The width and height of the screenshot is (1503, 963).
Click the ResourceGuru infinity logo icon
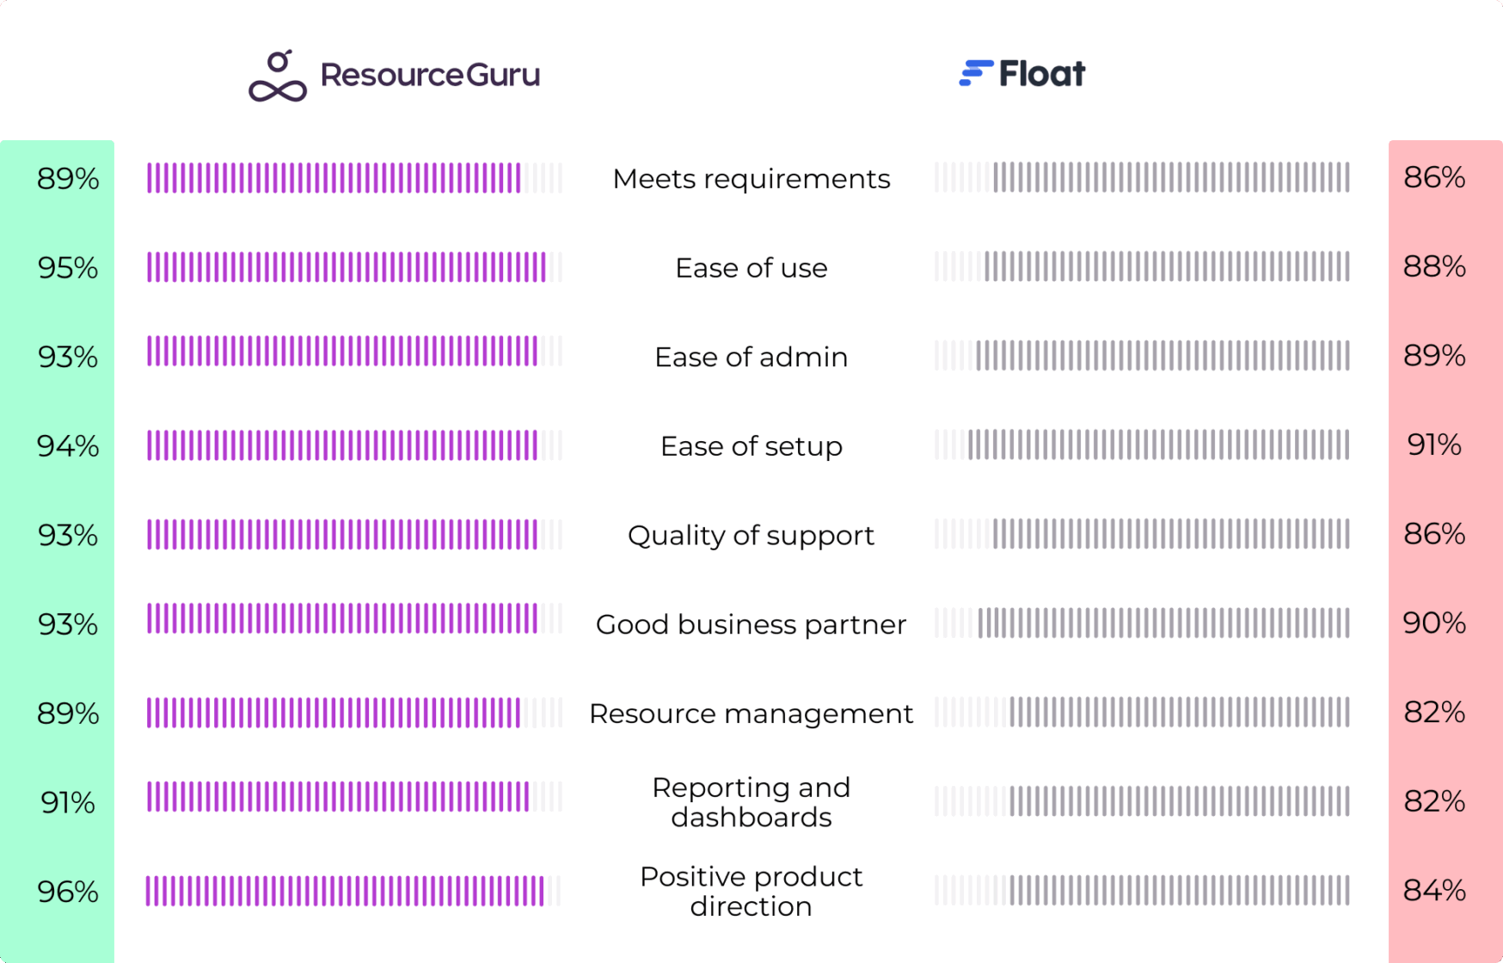(278, 77)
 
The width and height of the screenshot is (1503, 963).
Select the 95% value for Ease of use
(68, 268)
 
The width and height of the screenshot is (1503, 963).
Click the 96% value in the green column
(68, 892)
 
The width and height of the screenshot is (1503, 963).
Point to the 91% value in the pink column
(1433, 445)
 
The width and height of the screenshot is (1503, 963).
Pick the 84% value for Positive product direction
(1433, 890)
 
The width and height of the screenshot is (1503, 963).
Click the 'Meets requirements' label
(751, 179)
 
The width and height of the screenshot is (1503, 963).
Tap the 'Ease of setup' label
(751, 446)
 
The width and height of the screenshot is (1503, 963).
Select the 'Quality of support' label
(751, 536)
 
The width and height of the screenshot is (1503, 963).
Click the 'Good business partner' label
(751, 624)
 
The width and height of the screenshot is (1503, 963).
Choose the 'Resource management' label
(751, 714)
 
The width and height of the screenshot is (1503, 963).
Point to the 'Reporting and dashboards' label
(751, 802)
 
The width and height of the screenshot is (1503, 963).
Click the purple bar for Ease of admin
(342, 352)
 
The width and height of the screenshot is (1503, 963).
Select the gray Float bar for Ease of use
(1166, 267)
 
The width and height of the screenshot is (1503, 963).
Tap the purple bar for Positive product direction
(344, 891)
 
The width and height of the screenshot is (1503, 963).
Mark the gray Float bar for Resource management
(1179, 712)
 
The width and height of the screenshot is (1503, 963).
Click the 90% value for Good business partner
(1433, 623)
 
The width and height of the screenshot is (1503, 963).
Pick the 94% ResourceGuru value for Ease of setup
(68, 446)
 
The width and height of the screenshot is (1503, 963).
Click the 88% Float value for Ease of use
(1433, 267)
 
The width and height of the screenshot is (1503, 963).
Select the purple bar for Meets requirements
(334, 178)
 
